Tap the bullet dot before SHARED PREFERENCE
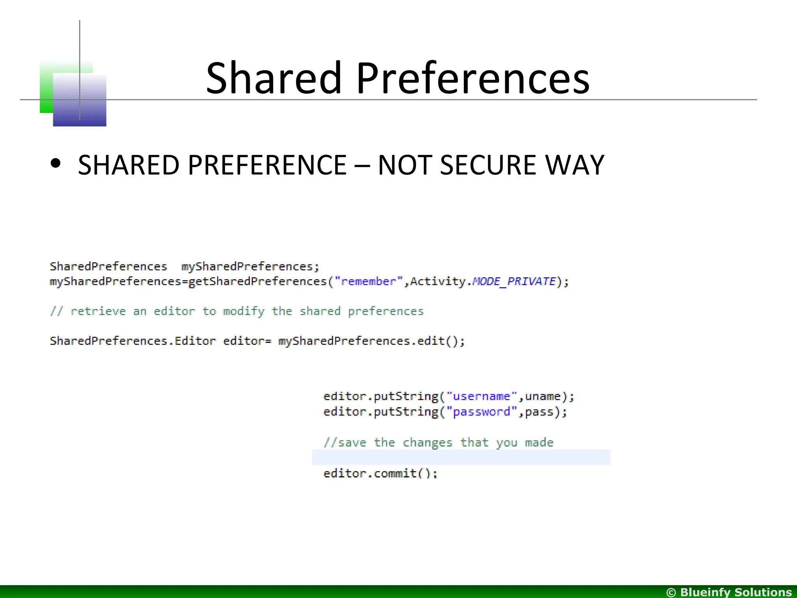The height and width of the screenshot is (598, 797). click(x=56, y=164)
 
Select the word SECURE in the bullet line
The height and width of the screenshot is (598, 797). click(x=488, y=165)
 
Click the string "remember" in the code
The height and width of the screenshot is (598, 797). click(x=369, y=281)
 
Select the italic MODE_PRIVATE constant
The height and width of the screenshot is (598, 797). click(x=514, y=281)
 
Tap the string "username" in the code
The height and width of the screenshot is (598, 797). click(x=481, y=396)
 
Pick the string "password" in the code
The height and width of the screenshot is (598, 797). click(x=481, y=412)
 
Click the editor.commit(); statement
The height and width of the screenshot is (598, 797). click(x=380, y=473)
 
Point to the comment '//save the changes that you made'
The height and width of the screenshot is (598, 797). click(x=438, y=443)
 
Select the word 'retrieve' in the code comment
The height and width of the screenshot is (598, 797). click(x=98, y=311)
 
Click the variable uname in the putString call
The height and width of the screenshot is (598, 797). click(x=543, y=396)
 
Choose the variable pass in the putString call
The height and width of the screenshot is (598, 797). click(x=539, y=412)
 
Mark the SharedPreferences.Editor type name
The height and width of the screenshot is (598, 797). click(x=132, y=341)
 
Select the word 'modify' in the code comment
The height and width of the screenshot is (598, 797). click(x=244, y=311)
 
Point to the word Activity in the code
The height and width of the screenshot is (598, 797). click(x=438, y=281)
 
